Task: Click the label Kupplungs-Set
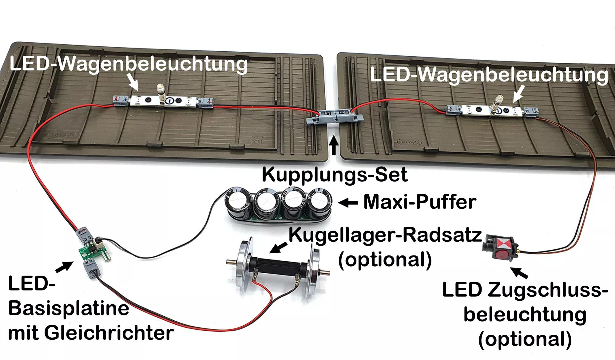335,175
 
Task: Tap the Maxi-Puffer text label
420,202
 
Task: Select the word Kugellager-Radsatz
385,235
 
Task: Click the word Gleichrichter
109,333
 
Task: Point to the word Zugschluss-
548,290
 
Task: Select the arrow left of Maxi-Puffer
348,203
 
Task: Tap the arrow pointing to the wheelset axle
279,247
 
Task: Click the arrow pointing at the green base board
64,267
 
